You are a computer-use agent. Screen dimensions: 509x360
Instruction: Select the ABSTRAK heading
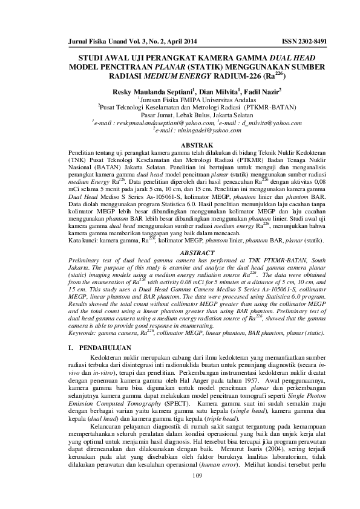(x=180, y=145)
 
